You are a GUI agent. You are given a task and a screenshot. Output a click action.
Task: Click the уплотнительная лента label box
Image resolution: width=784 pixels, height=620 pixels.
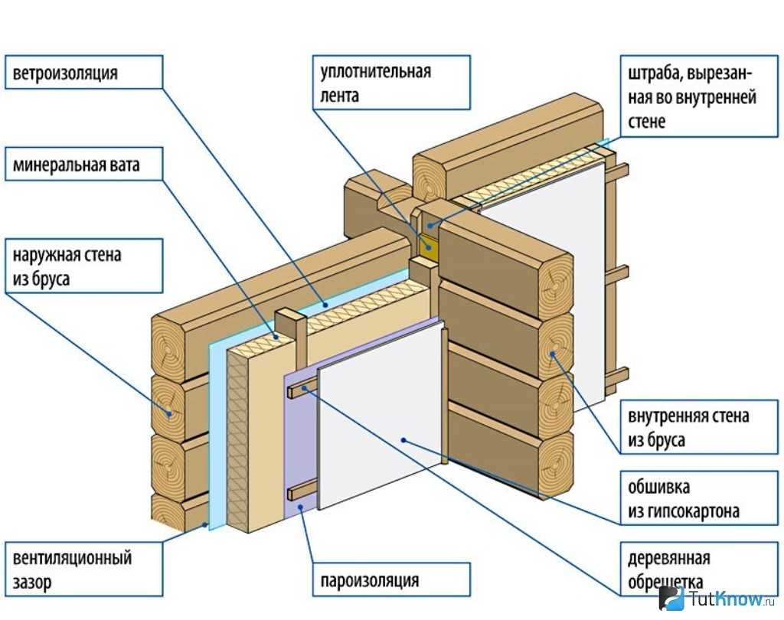(x=390, y=83)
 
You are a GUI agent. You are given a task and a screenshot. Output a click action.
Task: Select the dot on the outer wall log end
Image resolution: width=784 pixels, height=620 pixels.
(x=170, y=413)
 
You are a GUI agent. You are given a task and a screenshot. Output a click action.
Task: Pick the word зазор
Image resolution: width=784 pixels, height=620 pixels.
(x=32, y=582)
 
